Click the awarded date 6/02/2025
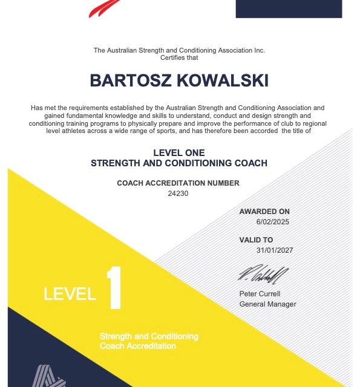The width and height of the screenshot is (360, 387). (272, 222)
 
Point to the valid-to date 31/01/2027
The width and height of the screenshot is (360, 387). (273, 250)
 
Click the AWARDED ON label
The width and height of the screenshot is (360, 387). (264, 212)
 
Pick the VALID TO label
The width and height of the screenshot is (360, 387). (256, 240)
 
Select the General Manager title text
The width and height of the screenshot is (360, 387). (267, 304)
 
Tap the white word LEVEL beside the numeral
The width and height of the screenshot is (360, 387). (70, 294)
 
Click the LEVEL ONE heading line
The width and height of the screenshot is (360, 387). (178, 153)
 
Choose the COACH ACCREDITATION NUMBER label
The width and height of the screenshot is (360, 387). (178, 183)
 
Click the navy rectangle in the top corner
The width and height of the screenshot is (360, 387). (288, 8)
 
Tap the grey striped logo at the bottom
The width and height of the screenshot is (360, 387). (49, 376)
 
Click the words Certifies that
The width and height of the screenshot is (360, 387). (178, 57)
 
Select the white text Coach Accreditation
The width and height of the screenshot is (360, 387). (138, 346)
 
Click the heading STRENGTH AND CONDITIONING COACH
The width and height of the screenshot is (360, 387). (178, 163)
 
